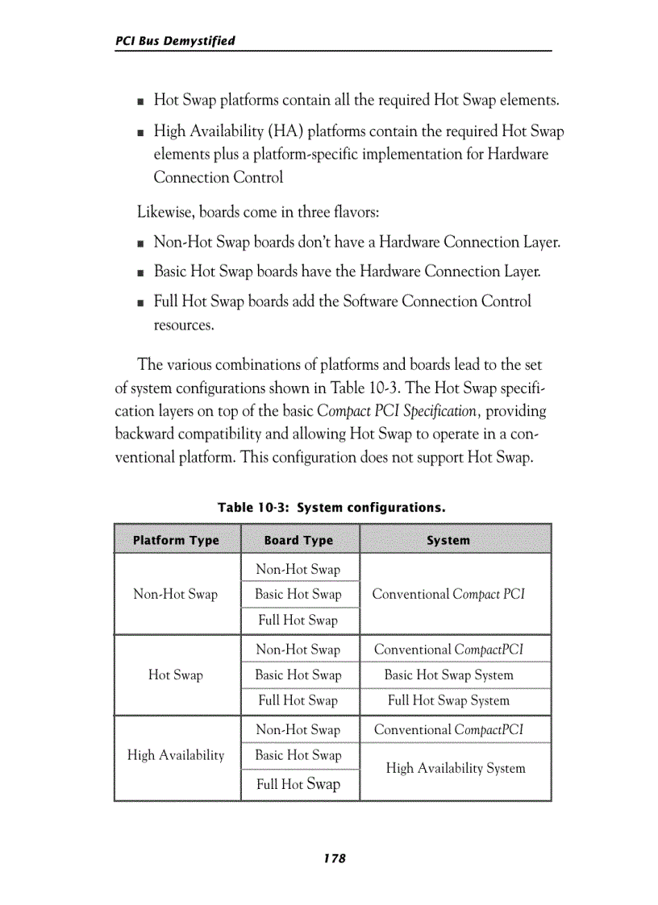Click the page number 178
click(x=334, y=859)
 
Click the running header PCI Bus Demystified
click(x=175, y=40)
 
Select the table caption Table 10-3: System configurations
click(x=331, y=508)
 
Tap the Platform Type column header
click(x=176, y=540)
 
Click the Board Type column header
click(x=298, y=540)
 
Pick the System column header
click(x=448, y=540)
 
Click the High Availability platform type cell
click(x=176, y=755)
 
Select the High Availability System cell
click(x=455, y=769)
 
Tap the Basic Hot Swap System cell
click(x=448, y=675)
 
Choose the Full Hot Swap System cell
click(x=448, y=701)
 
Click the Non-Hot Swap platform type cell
click(x=176, y=595)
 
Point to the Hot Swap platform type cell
click(x=176, y=675)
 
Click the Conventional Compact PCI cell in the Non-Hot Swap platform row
click(x=448, y=595)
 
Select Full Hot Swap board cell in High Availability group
click(x=298, y=783)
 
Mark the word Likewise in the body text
click(x=165, y=213)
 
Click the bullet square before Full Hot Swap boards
click(x=141, y=303)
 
